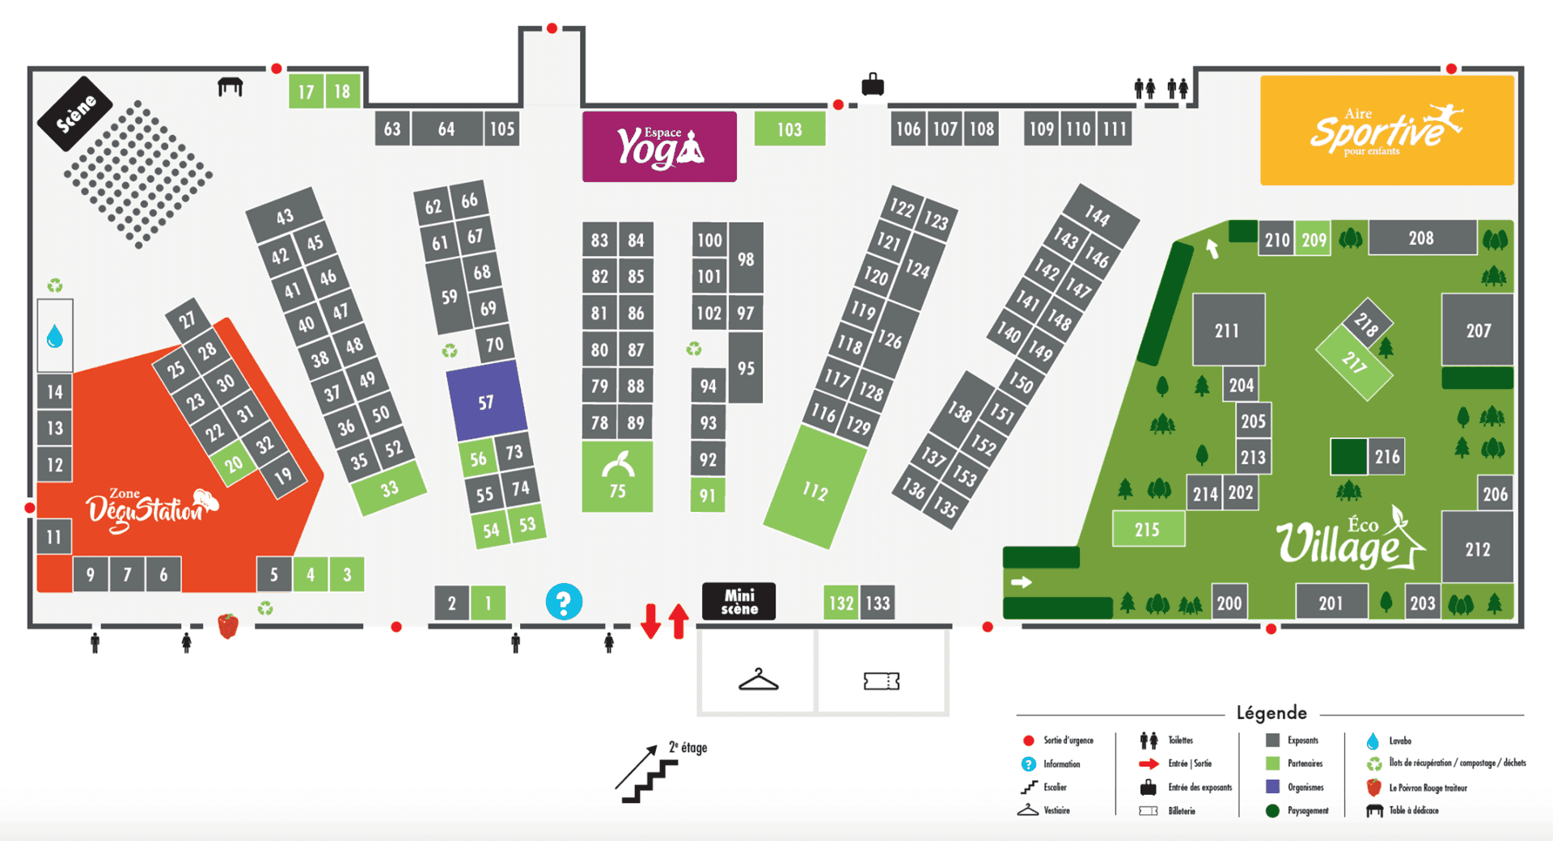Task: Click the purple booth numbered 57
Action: point(486,401)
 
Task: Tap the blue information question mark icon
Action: point(564,602)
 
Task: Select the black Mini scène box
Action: point(738,602)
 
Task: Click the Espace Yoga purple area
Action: point(659,146)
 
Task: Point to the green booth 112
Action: point(815,489)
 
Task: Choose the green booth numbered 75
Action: point(617,476)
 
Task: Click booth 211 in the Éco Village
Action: point(1228,329)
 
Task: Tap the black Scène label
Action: point(75,114)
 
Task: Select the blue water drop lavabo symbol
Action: point(55,336)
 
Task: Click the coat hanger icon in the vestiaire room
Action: point(758,680)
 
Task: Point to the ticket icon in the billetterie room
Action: point(881,681)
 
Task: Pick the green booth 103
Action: point(789,129)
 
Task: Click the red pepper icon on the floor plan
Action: point(228,625)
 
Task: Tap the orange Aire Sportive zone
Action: point(1386,130)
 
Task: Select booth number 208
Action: point(1421,238)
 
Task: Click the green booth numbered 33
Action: point(390,488)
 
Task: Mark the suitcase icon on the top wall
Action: point(872,84)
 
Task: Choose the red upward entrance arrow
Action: point(679,621)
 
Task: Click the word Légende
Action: point(1271,712)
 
